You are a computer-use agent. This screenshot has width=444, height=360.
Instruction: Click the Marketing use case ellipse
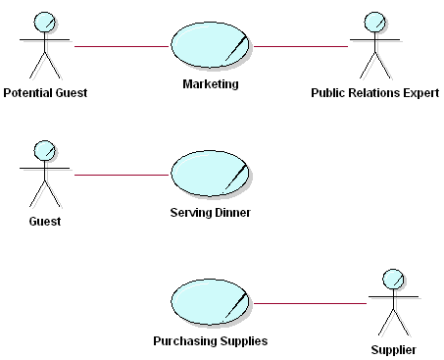point(211,46)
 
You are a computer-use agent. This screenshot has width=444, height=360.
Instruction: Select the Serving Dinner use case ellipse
point(211,175)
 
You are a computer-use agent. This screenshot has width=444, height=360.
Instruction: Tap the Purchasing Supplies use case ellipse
point(211,304)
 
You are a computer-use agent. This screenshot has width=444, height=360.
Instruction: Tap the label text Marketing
point(211,84)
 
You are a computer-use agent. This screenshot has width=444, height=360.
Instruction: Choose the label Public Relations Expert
point(373,94)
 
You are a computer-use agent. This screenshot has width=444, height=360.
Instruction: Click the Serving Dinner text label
point(211,213)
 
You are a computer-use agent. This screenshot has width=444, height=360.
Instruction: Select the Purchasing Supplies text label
point(211,342)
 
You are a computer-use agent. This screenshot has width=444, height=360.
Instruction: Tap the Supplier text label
point(393,350)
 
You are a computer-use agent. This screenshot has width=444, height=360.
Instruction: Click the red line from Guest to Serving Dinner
point(122,175)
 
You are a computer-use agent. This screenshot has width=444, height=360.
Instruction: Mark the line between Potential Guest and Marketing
point(122,46)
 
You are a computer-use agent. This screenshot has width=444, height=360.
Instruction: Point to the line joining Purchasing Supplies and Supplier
point(310,304)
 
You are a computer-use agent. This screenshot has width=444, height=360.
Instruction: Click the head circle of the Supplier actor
point(393,279)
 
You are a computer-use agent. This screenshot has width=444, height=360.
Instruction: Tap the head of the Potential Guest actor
point(44,22)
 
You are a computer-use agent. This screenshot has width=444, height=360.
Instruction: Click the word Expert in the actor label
point(419,94)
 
